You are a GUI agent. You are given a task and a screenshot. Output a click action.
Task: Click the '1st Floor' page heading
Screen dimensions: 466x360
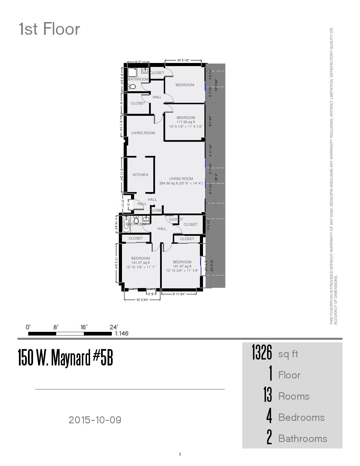(x=49, y=29)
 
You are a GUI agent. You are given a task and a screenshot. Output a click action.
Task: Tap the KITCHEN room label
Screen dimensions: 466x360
(x=140, y=175)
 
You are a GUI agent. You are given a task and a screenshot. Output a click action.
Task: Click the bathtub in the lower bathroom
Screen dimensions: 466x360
(x=126, y=224)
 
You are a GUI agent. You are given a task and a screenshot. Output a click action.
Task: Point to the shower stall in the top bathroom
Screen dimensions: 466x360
(x=132, y=72)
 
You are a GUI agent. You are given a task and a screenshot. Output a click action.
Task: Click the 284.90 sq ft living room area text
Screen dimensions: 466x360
(x=181, y=183)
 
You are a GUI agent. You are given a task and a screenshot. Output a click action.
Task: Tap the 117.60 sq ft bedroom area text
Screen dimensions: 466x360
(x=186, y=122)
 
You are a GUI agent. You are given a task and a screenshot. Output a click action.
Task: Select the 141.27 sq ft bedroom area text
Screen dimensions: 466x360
(x=140, y=263)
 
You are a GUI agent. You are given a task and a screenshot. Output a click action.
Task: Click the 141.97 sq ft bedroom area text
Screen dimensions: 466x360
(x=182, y=266)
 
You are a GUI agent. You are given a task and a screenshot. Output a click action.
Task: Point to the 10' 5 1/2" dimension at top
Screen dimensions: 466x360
(x=183, y=60)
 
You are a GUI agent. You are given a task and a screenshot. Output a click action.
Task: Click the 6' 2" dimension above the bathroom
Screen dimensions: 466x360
(x=138, y=62)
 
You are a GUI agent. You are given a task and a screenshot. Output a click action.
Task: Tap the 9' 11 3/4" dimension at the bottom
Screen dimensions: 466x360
(x=179, y=294)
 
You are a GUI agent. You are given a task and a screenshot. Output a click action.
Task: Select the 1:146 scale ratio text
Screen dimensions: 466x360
(x=122, y=334)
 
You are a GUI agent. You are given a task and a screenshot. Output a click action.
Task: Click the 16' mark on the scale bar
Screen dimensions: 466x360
(x=84, y=327)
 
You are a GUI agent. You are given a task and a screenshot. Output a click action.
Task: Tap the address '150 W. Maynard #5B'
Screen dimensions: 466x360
(x=66, y=358)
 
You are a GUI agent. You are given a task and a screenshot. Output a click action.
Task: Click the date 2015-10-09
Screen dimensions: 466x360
(x=95, y=420)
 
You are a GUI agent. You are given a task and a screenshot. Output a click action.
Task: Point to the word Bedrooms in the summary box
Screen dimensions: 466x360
(x=301, y=417)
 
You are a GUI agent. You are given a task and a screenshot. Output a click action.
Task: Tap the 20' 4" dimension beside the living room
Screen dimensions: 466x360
(x=216, y=177)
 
